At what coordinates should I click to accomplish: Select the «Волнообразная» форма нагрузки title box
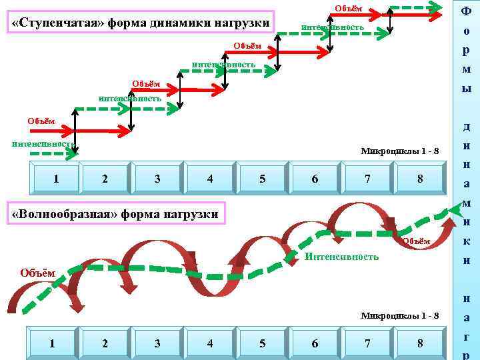(x=115, y=214)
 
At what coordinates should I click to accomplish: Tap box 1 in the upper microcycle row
(x=56, y=179)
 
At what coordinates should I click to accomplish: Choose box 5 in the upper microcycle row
(x=263, y=179)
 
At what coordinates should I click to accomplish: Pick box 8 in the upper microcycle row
(x=420, y=179)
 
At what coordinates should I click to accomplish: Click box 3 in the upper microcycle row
(x=157, y=179)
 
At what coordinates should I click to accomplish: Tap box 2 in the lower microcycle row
(x=105, y=343)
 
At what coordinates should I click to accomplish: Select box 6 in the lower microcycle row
(x=315, y=343)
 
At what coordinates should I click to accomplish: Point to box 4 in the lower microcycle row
(x=210, y=343)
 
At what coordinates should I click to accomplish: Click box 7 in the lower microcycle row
(x=367, y=343)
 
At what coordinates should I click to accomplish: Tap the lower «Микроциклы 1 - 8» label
(x=400, y=315)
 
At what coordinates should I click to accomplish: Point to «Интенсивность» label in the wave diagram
(x=341, y=257)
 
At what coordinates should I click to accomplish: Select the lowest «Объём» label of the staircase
(x=41, y=121)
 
